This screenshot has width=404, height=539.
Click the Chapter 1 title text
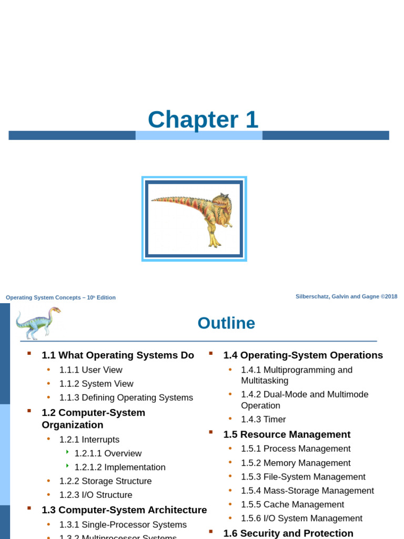click(x=203, y=120)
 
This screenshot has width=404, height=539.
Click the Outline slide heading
click(x=226, y=323)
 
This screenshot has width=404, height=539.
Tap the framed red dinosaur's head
click(x=221, y=202)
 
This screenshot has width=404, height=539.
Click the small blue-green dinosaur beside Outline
click(x=37, y=323)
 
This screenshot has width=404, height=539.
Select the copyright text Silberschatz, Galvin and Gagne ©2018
click(x=346, y=297)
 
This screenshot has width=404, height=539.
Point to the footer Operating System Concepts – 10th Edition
click(x=60, y=297)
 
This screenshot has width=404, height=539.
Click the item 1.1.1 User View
click(x=90, y=370)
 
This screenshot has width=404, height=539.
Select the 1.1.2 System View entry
click(x=96, y=384)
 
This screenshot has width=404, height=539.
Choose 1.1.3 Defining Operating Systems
click(x=126, y=397)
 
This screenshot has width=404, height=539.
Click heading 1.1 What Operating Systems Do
click(x=118, y=355)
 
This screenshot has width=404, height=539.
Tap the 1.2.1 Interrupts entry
click(x=89, y=440)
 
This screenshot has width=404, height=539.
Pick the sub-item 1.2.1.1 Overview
click(x=108, y=453)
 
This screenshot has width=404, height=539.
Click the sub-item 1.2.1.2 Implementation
click(x=120, y=467)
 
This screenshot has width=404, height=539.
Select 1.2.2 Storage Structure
click(x=105, y=481)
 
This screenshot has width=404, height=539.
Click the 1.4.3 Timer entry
click(x=263, y=420)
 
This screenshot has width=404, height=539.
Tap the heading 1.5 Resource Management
click(x=287, y=434)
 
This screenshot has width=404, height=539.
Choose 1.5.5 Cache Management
click(x=292, y=504)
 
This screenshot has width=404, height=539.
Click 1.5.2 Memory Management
click(x=296, y=463)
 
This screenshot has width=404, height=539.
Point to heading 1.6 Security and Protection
click(x=288, y=533)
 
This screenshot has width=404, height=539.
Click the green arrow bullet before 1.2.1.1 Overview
click(x=68, y=452)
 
